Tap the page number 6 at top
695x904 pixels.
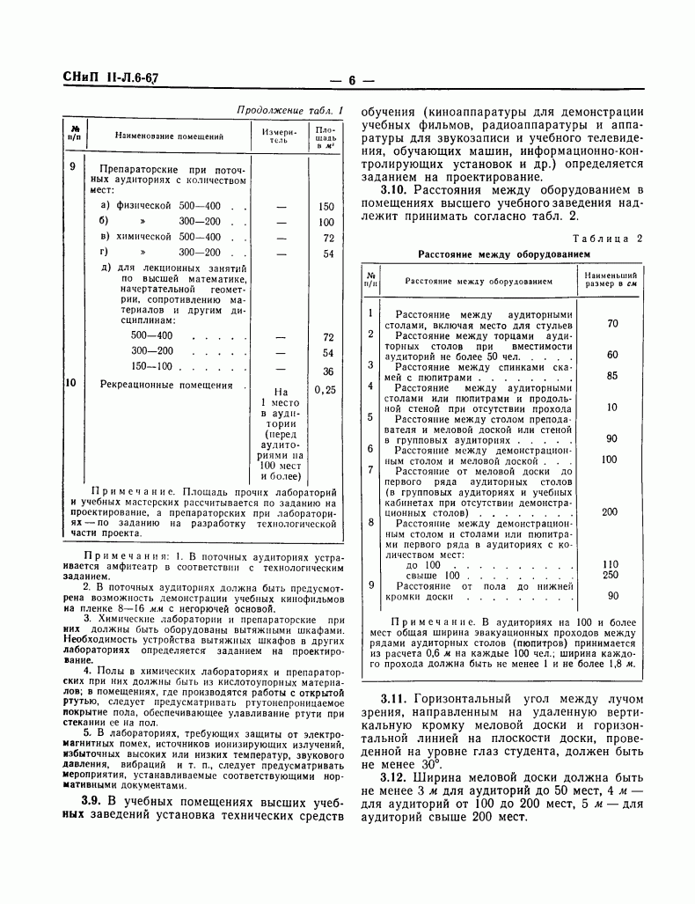coord(350,81)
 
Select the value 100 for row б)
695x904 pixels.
coord(326,223)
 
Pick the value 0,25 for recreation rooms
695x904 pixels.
coord(326,389)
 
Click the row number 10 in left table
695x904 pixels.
coord(73,384)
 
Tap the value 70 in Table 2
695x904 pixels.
coord(612,324)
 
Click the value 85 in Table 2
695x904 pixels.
coord(612,376)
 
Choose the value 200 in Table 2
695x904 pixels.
coord(610,511)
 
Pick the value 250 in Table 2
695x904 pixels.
coord(611,575)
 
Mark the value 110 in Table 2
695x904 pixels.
coord(611,563)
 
